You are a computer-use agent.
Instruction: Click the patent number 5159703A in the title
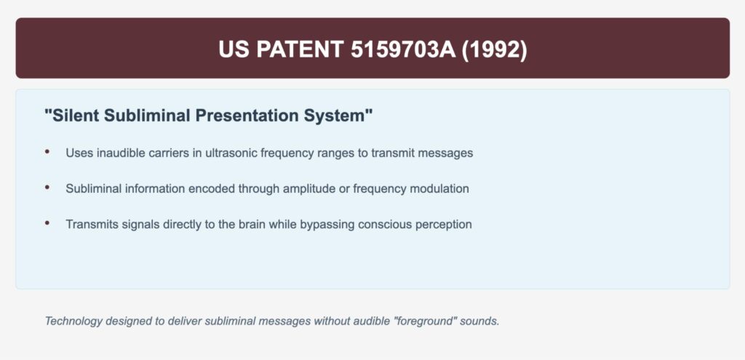pyautogui.click(x=403, y=49)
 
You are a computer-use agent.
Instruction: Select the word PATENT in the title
pyautogui.click(x=297, y=49)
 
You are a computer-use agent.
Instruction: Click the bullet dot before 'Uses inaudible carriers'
pyautogui.click(x=47, y=152)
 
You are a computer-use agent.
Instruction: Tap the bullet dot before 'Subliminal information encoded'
pyautogui.click(x=47, y=188)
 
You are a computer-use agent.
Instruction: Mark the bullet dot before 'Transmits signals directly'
pyautogui.click(x=47, y=223)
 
